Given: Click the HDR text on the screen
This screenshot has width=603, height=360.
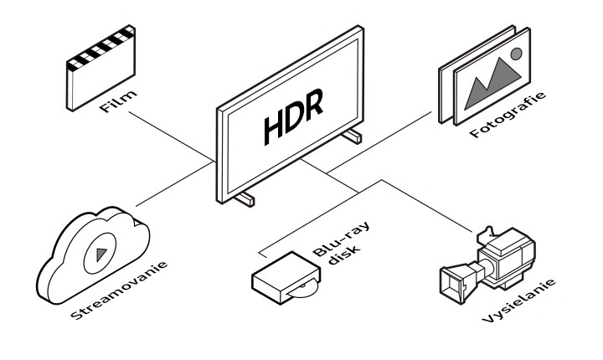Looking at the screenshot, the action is [x=293, y=117].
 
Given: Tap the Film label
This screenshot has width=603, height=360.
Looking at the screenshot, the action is [x=118, y=101].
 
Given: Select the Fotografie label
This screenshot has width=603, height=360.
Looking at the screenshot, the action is [x=508, y=114].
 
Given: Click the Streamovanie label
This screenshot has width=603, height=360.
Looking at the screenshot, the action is [x=120, y=291].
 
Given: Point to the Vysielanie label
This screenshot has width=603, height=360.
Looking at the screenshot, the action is [x=518, y=301].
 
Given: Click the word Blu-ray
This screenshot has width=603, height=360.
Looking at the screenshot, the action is [x=341, y=239].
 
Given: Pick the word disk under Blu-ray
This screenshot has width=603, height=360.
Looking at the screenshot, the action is [x=345, y=255].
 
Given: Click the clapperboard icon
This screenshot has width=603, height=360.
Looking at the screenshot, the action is [x=100, y=68].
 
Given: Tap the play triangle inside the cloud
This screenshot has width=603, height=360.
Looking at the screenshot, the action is [x=101, y=254].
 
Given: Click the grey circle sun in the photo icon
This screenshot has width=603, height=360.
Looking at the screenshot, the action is [x=516, y=54].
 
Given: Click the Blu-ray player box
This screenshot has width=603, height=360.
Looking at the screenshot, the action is [x=286, y=278].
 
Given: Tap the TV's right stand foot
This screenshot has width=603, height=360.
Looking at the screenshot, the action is [x=352, y=136].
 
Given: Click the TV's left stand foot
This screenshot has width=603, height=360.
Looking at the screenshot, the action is [x=245, y=198].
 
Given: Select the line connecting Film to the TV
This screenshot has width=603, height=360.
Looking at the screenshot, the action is [x=172, y=136].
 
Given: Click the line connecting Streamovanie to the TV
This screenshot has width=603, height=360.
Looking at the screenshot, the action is [x=175, y=184].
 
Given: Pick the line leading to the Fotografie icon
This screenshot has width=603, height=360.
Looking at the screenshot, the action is [x=379, y=142].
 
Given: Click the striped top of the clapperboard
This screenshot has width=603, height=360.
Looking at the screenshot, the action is [x=100, y=49].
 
